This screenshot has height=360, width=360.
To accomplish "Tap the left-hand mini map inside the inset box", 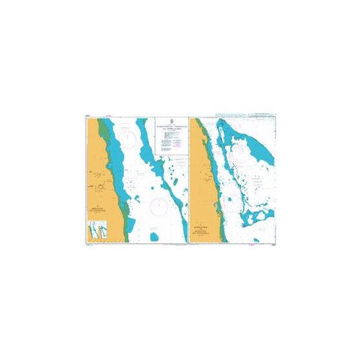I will click(91, 230).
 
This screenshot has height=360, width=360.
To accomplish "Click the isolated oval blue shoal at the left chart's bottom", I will click(154, 237).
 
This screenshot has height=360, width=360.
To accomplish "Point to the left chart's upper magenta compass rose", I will click(130, 138).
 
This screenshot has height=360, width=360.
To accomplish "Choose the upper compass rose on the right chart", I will click(239, 150).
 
